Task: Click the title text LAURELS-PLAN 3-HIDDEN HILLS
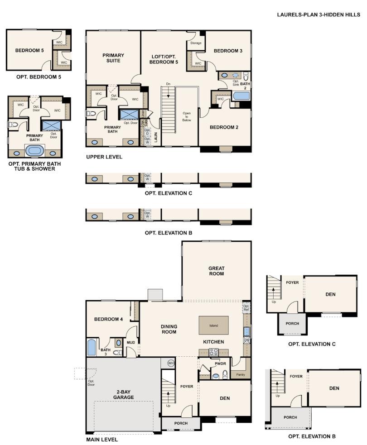[x=319, y=14]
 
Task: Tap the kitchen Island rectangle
[x=213, y=325]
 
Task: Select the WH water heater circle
[x=171, y=363]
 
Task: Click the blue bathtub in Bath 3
[x=92, y=348]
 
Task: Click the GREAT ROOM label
[x=216, y=271]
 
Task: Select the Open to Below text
[x=187, y=117]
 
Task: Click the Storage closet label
[x=196, y=43]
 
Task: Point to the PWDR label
[x=220, y=363]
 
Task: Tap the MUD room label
[x=131, y=342]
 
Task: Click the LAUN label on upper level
[x=155, y=137]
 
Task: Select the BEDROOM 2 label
[x=224, y=127]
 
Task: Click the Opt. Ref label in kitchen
[x=246, y=308]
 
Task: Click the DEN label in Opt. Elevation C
[x=330, y=294]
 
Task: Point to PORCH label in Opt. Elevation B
[x=290, y=417]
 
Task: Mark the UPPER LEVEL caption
[x=104, y=157]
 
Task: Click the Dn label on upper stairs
[x=168, y=84]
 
